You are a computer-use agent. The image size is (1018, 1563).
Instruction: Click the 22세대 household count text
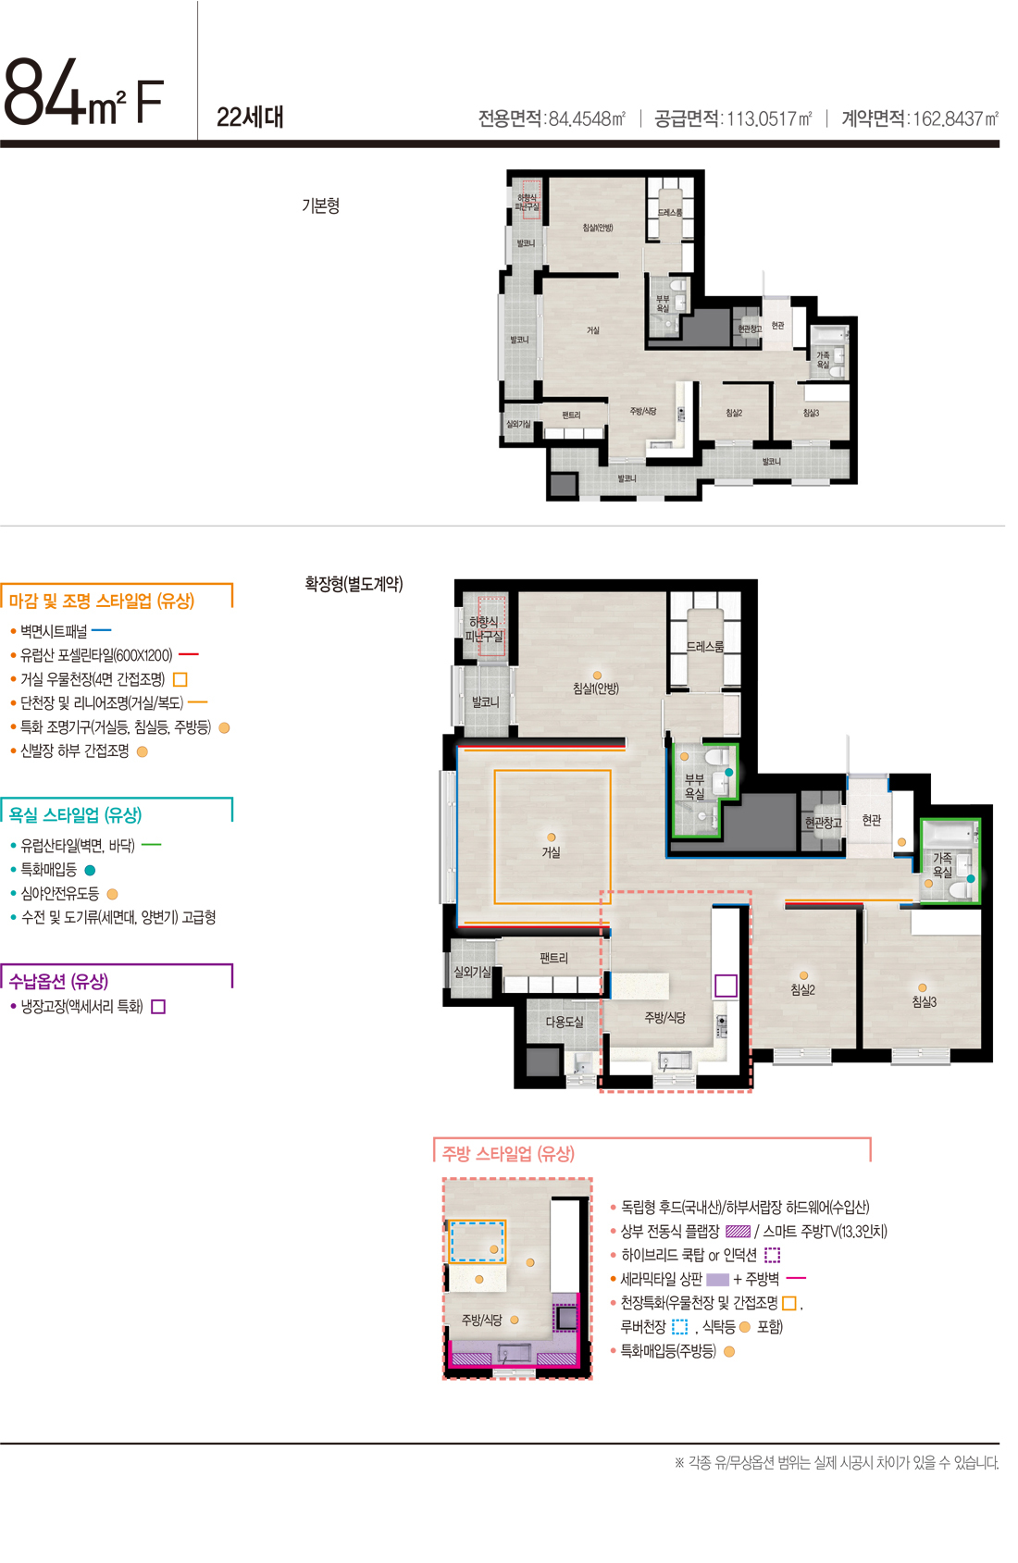(250, 118)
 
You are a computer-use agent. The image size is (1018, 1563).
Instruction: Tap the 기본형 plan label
(320, 205)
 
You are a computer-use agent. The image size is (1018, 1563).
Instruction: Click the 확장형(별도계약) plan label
(354, 584)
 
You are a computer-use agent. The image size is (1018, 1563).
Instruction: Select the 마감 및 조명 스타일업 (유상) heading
(102, 602)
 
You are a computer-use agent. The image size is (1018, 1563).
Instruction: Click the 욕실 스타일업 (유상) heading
(75, 815)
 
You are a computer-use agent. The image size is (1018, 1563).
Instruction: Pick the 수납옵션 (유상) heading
(58, 981)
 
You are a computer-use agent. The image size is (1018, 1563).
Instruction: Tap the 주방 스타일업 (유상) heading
(508, 1154)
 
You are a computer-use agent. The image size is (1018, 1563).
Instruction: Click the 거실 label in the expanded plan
(552, 852)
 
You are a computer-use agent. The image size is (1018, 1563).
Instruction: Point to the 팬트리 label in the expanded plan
(553, 959)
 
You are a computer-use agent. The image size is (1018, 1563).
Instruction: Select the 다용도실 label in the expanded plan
(565, 1022)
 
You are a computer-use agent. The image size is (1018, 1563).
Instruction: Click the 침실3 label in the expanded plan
(924, 1002)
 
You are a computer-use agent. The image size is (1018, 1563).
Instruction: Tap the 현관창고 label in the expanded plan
(823, 822)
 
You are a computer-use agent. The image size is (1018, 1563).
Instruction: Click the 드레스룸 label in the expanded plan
(705, 647)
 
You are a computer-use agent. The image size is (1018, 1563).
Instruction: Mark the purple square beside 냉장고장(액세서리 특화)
(158, 1007)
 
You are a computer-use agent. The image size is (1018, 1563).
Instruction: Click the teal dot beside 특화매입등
(90, 870)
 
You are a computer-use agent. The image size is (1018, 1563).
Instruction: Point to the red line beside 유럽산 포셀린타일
(189, 655)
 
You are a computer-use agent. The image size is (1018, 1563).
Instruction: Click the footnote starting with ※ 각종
(837, 1463)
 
